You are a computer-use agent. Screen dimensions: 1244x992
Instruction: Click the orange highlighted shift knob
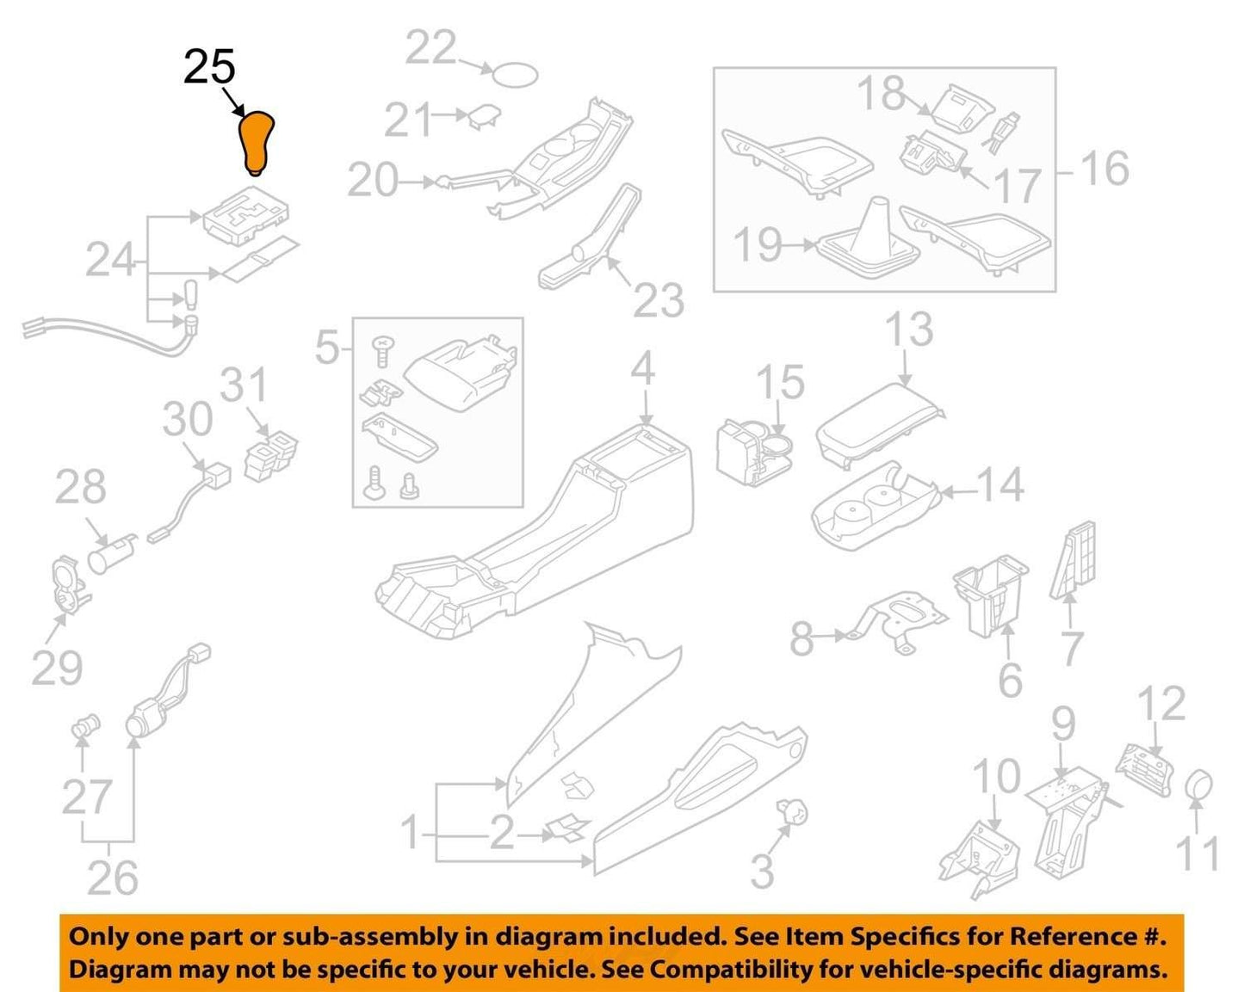point(256,144)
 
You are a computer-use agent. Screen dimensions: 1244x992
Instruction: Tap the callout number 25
point(209,66)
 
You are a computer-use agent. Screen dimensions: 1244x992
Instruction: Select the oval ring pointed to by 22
point(515,75)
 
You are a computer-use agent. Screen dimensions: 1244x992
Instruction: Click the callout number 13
point(909,329)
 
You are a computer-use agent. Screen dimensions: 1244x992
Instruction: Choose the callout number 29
point(57,668)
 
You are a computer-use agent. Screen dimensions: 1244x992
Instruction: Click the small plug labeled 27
point(85,726)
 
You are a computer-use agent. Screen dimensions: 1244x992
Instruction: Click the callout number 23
point(659,300)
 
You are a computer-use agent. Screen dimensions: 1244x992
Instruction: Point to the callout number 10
point(997,776)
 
